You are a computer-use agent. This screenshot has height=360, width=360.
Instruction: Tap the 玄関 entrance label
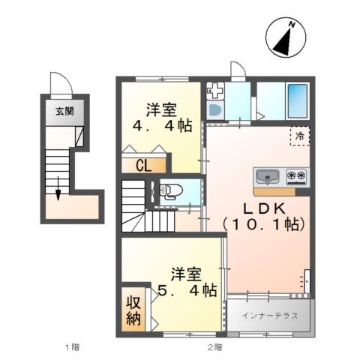[x=64, y=112]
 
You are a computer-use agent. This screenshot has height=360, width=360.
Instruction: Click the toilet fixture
[x=168, y=192]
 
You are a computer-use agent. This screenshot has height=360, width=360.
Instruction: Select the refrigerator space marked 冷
[x=299, y=136]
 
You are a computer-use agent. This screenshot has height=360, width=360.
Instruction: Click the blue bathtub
[x=297, y=100]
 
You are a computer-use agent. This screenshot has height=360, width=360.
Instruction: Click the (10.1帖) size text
[x=262, y=223]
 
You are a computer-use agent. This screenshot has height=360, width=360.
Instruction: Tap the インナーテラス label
[x=270, y=316]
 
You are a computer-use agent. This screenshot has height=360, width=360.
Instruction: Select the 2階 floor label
[x=215, y=347]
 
